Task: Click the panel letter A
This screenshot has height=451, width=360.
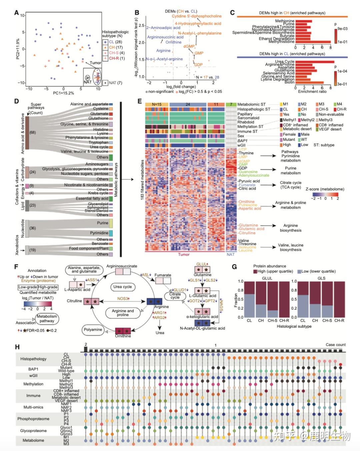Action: point(16,13)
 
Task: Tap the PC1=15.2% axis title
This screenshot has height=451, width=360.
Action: point(63,93)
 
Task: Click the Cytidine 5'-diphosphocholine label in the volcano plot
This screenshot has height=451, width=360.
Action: point(197,16)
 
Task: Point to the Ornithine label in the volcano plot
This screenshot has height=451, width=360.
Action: point(173,42)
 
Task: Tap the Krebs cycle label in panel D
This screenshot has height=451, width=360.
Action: point(98,193)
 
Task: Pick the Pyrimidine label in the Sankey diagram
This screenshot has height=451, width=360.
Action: point(99,233)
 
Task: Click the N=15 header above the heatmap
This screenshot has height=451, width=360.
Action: point(157,104)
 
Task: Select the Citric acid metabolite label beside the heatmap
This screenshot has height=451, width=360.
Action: point(247,188)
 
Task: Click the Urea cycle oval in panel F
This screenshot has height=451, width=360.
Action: point(122,287)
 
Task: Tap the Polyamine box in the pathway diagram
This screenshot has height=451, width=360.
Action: point(93,330)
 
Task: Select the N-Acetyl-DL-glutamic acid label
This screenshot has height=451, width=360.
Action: point(202,328)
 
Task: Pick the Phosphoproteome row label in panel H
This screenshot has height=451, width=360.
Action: point(33,419)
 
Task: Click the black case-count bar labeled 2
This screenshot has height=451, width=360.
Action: point(86,349)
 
